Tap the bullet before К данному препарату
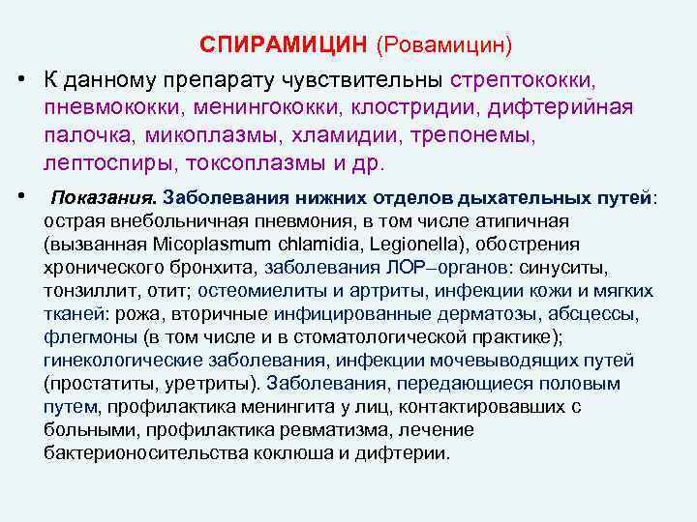pos(20,77)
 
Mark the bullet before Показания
pos(20,196)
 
